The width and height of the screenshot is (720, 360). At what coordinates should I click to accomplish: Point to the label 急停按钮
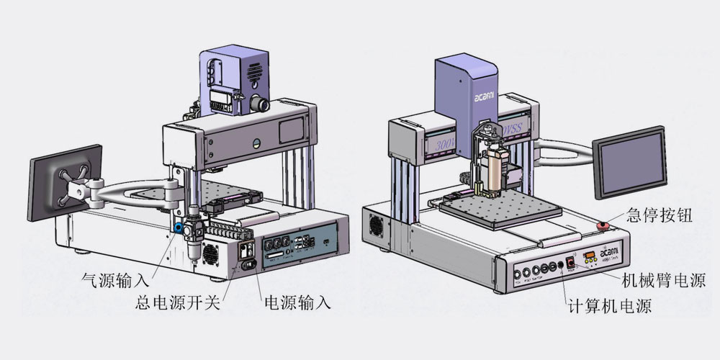click(660, 215)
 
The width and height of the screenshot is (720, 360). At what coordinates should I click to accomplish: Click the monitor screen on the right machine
click(628, 163)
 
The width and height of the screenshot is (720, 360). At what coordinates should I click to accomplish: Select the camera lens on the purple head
click(263, 103)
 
